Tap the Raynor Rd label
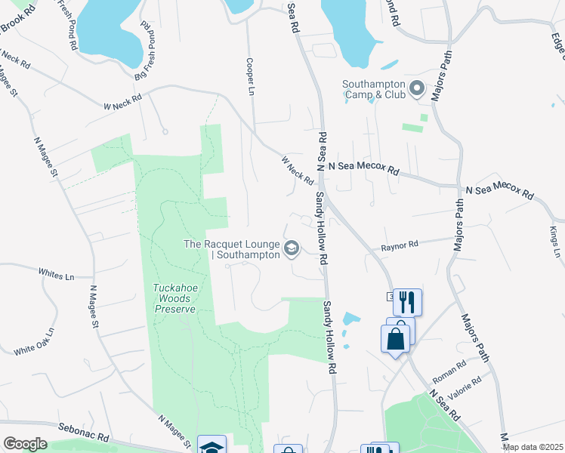[x=400, y=246]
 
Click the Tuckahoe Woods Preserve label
[x=174, y=298]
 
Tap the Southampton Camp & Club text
[x=374, y=90]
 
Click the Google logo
[x=25, y=444]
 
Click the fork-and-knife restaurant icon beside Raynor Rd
[x=407, y=302]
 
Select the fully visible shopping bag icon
[x=396, y=338]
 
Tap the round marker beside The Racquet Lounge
[x=292, y=248]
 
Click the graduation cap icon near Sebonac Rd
[x=211, y=446]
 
